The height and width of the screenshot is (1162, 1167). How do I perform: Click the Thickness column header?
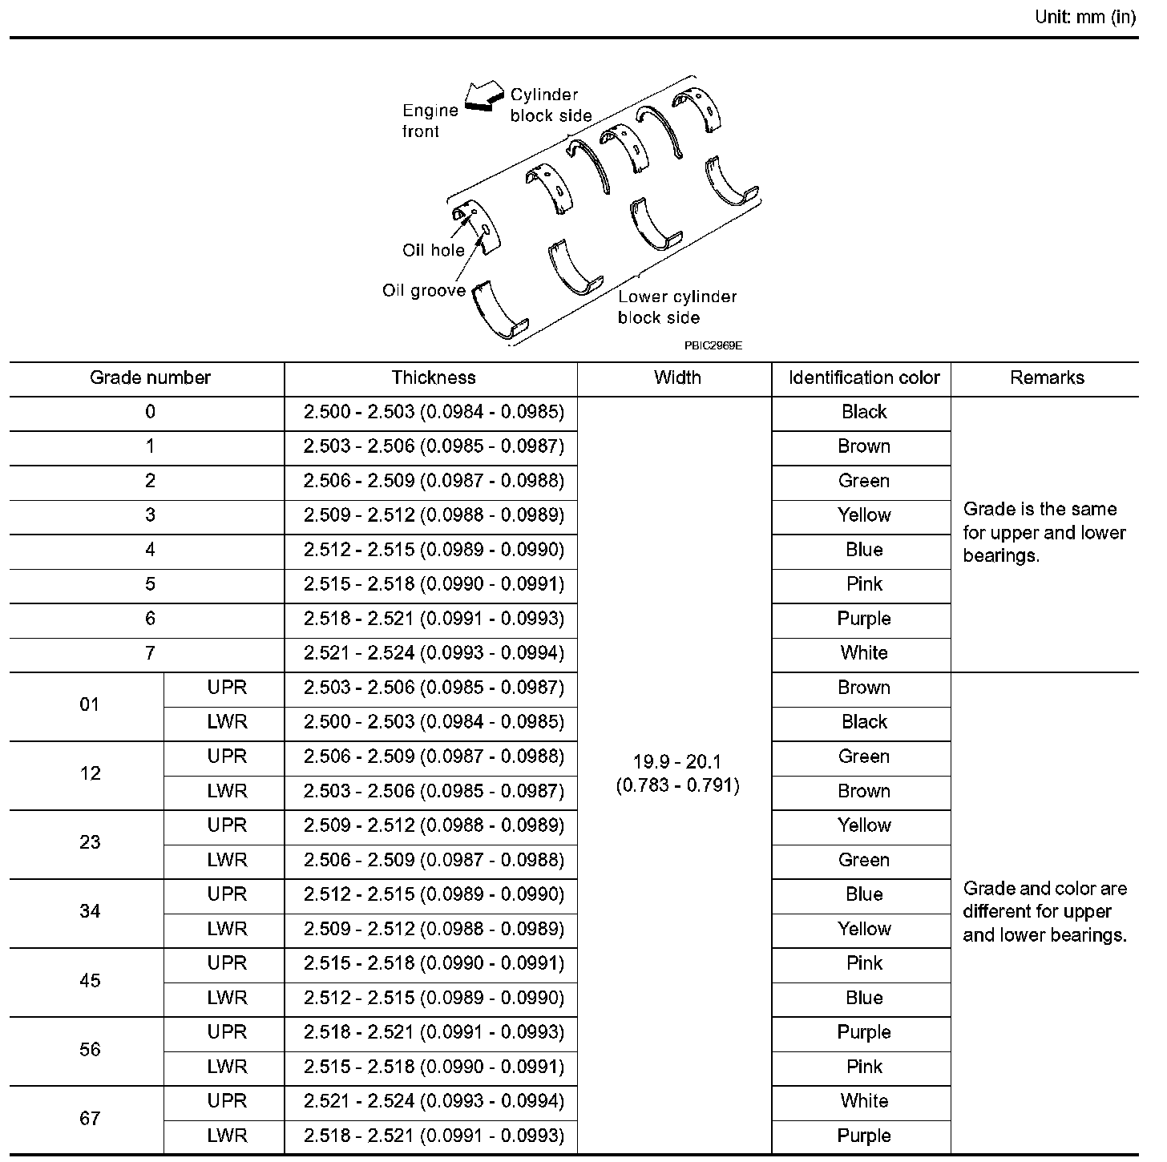434,377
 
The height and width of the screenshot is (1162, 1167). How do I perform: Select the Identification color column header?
864,377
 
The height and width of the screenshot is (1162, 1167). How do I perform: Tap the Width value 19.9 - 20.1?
677,762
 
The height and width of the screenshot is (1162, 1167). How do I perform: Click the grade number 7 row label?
150,653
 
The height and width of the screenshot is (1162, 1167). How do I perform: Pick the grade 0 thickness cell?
434,412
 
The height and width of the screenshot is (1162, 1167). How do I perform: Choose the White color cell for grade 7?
864,653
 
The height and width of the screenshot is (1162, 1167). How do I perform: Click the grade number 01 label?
90,705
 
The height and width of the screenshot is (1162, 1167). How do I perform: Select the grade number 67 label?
90,1119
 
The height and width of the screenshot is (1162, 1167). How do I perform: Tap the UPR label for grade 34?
227,894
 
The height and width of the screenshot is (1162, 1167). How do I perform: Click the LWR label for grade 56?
227,1067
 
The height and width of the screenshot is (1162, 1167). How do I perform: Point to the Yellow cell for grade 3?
864,515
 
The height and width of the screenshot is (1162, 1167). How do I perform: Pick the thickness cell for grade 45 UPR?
434,963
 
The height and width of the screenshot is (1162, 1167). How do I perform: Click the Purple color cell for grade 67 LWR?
864,1136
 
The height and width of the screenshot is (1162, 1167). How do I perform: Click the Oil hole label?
434,250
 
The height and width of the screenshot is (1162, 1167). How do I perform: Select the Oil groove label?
424,290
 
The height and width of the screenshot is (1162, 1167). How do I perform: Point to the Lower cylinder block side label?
676,307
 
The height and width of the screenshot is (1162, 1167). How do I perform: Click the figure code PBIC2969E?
713,345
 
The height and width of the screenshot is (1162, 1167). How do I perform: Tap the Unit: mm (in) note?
1085,18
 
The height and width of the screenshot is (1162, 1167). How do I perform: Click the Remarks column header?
1047,377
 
